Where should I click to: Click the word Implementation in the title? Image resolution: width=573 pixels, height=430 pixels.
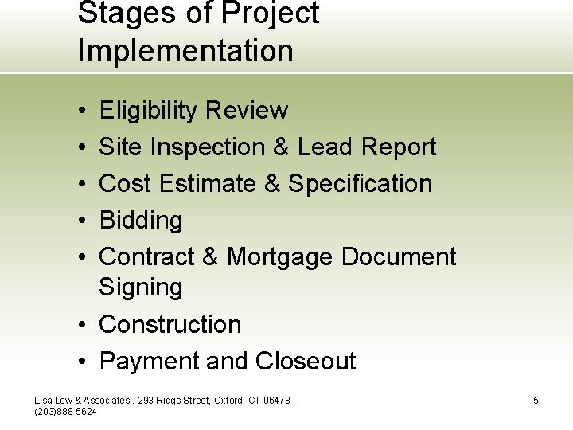[x=185, y=51]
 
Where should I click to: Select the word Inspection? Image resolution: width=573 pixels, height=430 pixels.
[x=220, y=147]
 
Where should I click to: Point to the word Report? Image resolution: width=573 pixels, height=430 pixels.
[x=398, y=147]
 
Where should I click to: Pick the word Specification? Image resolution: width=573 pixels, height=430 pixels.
[x=360, y=183]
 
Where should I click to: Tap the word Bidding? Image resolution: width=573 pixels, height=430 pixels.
[x=140, y=221]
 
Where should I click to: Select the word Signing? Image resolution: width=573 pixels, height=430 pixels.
[x=140, y=287]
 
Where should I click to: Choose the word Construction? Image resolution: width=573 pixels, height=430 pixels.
[x=170, y=324]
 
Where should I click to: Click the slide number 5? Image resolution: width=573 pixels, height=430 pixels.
[x=536, y=401]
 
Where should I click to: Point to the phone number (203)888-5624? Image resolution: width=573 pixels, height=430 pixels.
[x=66, y=412]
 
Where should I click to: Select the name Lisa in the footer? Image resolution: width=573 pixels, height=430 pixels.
[x=44, y=401]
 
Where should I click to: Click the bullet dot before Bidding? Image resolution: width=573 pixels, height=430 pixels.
[x=83, y=221]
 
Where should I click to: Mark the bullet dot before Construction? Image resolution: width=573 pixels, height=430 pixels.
[x=83, y=325]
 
